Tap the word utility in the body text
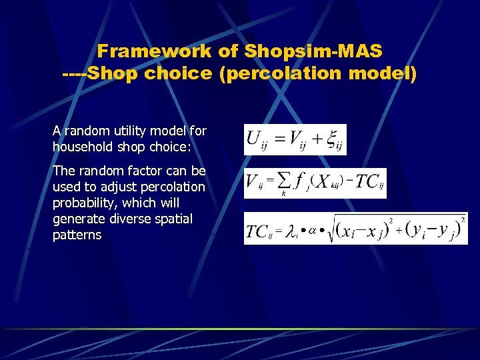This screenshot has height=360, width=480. [131, 131]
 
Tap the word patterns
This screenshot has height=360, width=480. [77, 235]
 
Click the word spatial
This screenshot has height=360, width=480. [173, 219]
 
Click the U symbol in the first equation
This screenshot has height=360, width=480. [254, 139]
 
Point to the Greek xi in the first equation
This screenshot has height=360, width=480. [330, 139]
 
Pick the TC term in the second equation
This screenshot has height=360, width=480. [367, 181]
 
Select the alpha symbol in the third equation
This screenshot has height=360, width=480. [313, 231]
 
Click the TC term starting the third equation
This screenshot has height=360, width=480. [259, 231]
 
